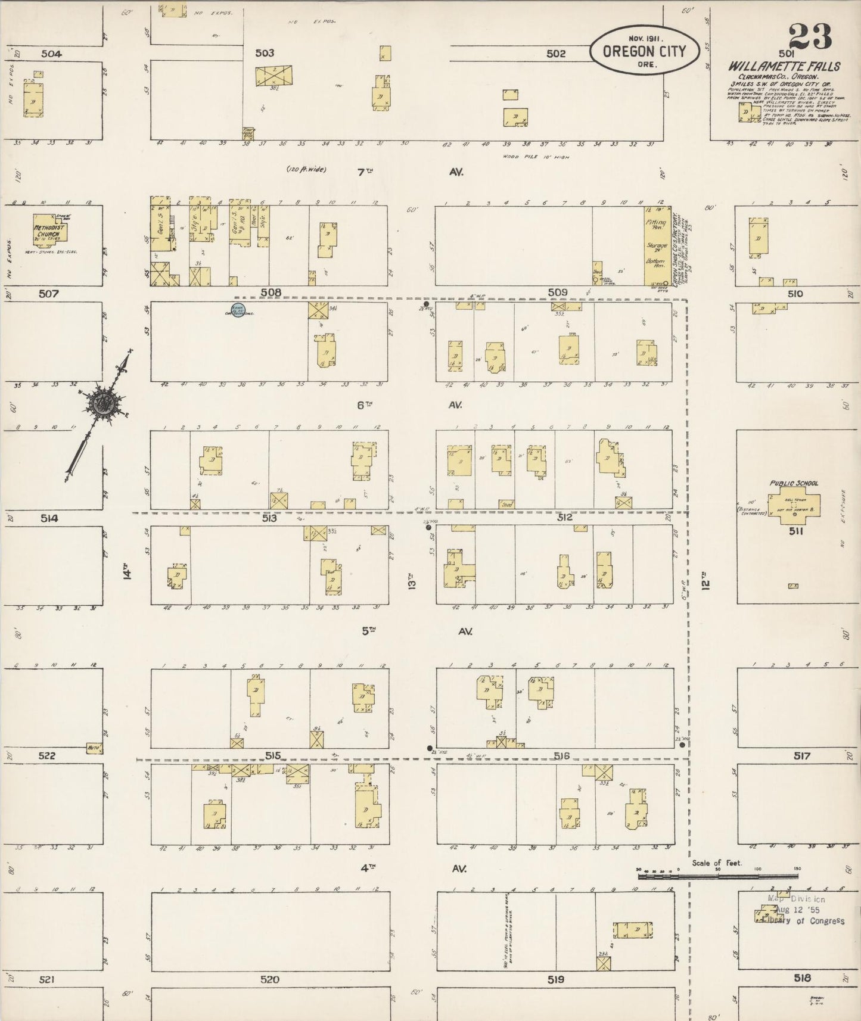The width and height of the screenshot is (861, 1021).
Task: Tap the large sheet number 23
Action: (x=810, y=36)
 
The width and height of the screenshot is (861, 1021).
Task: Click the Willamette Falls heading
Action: (x=784, y=66)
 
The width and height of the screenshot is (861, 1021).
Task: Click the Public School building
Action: (x=793, y=507)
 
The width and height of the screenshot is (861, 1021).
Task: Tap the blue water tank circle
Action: (x=237, y=310)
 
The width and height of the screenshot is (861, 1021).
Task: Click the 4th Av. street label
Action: (x=411, y=869)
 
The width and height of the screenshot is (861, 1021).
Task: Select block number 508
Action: (x=271, y=292)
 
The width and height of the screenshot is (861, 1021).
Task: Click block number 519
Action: (x=556, y=979)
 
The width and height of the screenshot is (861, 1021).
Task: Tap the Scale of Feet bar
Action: (x=717, y=877)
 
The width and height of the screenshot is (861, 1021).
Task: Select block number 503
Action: (x=265, y=53)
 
